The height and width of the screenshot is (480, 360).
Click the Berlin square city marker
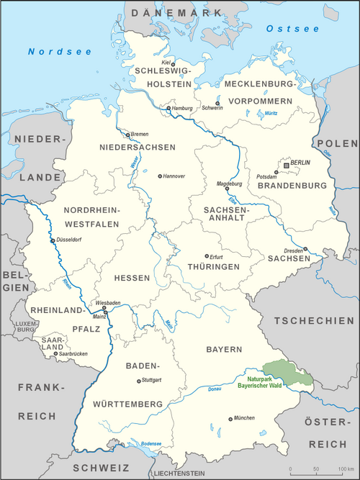(x=287, y=165)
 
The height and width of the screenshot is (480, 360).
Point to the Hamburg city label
(x=184, y=109)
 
